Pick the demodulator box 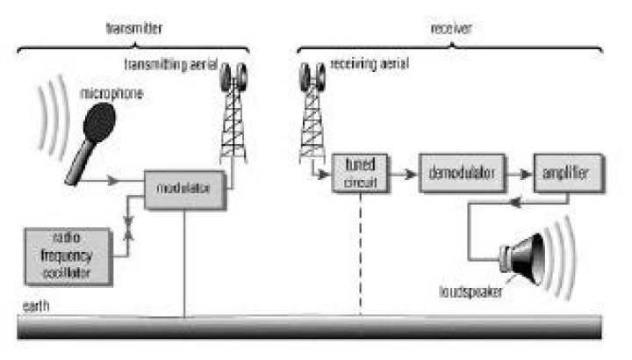pyautogui.click(x=463, y=172)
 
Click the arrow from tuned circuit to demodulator pyautogui.click(x=402, y=173)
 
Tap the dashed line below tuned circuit pyautogui.click(x=360, y=255)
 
